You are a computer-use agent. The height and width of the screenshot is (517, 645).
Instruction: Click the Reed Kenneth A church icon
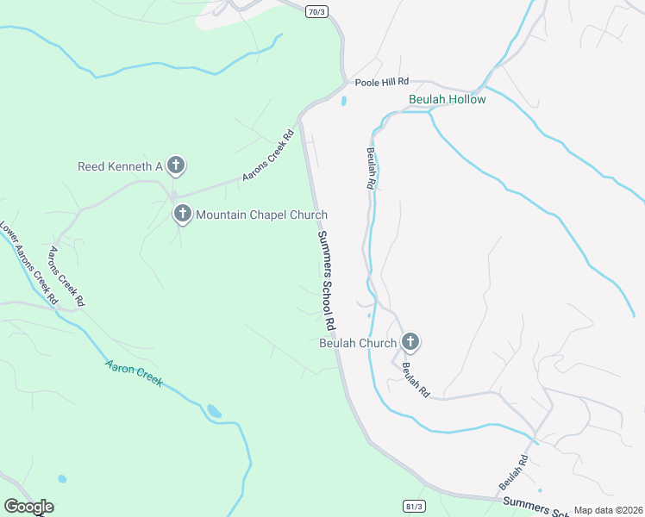[x=176, y=165]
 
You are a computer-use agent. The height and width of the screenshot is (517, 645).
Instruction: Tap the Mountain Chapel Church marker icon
[x=182, y=214]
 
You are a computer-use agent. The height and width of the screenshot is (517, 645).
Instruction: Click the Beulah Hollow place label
[x=447, y=99]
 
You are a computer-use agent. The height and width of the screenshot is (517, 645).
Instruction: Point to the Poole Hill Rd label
[x=381, y=81]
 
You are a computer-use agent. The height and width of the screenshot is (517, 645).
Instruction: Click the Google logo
[x=28, y=507]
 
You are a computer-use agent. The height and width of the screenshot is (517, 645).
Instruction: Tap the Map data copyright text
[x=608, y=510]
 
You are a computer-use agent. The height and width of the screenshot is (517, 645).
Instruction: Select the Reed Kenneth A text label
[x=120, y=166]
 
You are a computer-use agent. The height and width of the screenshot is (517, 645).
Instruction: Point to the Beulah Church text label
[x=358, y=343]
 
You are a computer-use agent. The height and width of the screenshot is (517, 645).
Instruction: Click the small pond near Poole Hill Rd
[x=344, y=101]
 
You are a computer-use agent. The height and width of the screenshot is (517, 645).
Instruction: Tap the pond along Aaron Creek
[x=214, y=411]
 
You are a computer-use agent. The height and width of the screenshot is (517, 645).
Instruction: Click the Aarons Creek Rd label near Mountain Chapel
[x=268, y=155]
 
